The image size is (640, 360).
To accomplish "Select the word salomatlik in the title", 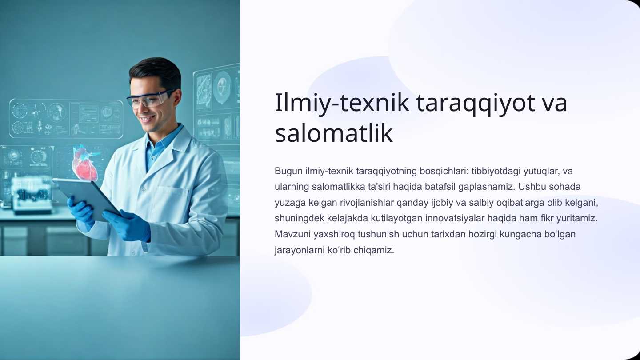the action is pyautogui.click(x=334, y=133).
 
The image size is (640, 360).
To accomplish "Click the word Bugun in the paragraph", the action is pyautogui.click(x=288, y=172).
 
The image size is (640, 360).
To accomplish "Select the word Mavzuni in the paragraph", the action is pyautogui.click(x=292, y=234).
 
